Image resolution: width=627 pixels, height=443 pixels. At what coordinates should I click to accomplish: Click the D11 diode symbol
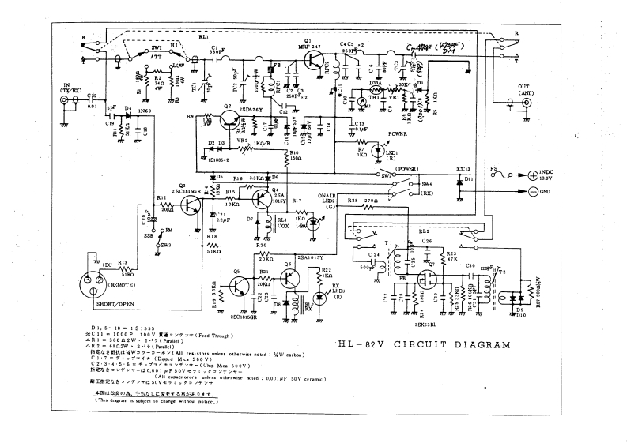pos(459,180)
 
